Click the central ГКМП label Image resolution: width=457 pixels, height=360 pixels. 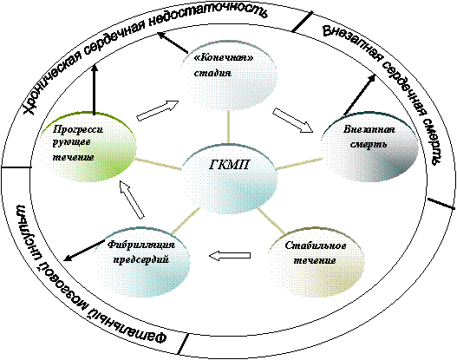(x=230, y=165)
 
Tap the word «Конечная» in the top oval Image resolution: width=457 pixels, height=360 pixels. (x=223, y=57)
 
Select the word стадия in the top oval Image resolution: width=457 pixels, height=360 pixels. (x=212, y=73)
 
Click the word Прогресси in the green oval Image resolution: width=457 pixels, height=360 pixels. (x=78, y=129)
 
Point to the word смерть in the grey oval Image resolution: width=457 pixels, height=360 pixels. (x=369, y=144)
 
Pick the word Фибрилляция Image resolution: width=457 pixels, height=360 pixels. (x=141, y=245)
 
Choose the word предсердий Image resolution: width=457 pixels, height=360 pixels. (x=141, y=259)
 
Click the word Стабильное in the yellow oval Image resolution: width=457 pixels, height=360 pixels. (x=316, y=245)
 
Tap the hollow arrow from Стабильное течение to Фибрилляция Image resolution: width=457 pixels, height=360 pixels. (x=230, y=256)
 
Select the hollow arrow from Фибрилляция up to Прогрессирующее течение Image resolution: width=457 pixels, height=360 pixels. (x=132, y=200)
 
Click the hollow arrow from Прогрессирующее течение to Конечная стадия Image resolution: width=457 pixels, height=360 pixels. (x=157, y=110)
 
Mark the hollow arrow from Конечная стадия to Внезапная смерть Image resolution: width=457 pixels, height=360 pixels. (x=293, y=120)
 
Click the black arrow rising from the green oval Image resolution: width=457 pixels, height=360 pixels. (x=95, y=89)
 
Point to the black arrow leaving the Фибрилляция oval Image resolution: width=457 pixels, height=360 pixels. (x=84, y=251)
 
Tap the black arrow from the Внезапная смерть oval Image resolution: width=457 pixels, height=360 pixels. (x=360, y=95)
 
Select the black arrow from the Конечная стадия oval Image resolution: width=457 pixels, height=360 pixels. (x=173, y=43)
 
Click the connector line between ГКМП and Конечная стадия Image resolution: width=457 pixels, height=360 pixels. (x=228, y=128)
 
